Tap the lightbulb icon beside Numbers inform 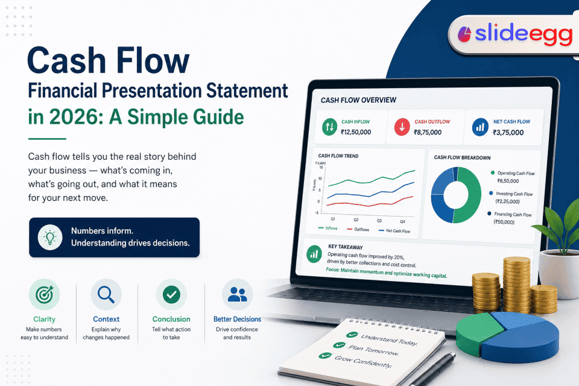49,237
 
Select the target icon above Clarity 44,294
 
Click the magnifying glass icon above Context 106,294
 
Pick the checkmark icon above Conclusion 171,294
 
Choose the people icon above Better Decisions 237,294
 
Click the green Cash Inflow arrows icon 329,127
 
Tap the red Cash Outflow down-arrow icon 402,127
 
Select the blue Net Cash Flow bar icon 480,127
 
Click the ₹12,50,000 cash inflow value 355,132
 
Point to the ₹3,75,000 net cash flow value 508,133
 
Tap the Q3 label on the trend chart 379,221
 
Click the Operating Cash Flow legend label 516,174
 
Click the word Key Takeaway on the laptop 346,247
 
